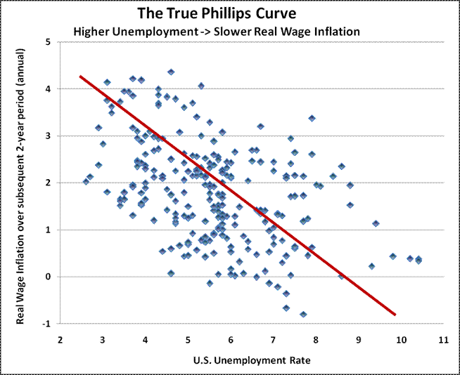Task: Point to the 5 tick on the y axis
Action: [48, 42]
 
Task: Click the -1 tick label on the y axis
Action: [46, 324]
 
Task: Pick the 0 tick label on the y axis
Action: [48, 277]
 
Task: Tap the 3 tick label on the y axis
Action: [48, 136]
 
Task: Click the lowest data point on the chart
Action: [303, 315]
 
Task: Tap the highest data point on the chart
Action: [171, 72]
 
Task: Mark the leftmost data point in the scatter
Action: [86, 181]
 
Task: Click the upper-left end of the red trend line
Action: [80, 76]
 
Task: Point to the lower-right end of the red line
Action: [395, 315]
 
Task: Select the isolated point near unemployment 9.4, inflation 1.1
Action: [376, 223]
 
